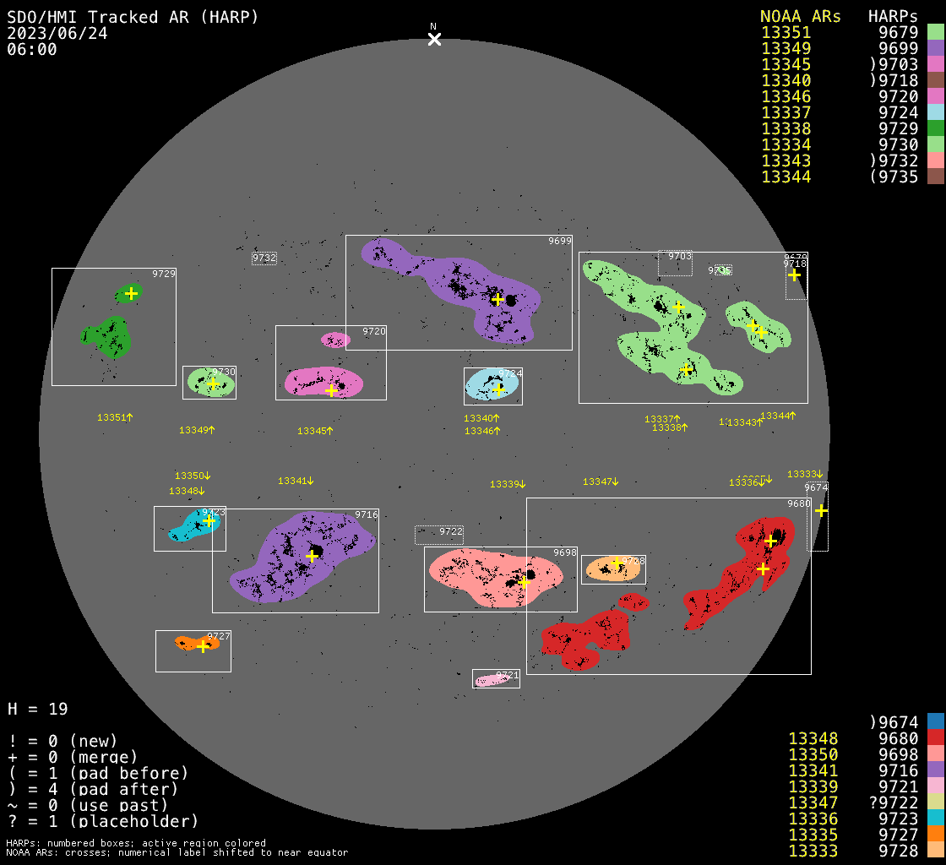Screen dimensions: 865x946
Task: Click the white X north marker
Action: coord(434,39)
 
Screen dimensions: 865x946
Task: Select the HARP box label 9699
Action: coord(559,242)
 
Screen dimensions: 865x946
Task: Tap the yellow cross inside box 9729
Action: coord(131,294)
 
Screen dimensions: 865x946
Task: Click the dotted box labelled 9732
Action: coord(264,258)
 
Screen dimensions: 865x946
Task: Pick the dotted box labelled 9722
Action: coord(439,534)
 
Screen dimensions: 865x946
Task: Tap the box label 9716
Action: coord(366,514)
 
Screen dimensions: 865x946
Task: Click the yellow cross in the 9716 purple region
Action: coord(312,556)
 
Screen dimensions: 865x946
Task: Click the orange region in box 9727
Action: coord(196,643)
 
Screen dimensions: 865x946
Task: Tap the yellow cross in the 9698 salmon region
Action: coord(524,582)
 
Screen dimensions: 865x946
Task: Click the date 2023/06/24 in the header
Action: coord(57,33)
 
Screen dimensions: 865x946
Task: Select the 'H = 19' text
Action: coord(38,709)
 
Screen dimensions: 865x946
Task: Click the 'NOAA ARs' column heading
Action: coord(800,16)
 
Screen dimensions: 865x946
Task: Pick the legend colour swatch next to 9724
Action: coord(935,112)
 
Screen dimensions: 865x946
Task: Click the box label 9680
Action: coord(798,503)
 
